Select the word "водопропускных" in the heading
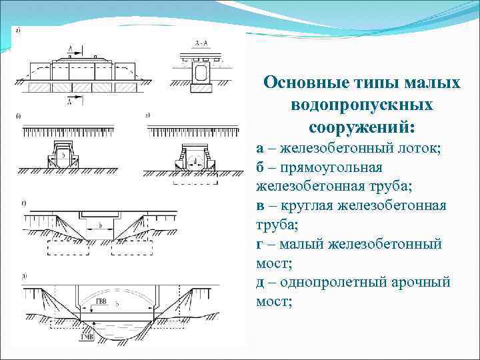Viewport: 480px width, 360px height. tap(362, 105)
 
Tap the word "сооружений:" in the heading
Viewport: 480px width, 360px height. tap(362, 127)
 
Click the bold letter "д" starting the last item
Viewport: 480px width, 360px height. tap(261, 283)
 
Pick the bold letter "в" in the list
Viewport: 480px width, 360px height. tap(260, 205)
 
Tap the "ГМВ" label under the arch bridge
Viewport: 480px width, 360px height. tap(86, 337)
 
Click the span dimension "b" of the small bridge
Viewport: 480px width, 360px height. tap(100, 225)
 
